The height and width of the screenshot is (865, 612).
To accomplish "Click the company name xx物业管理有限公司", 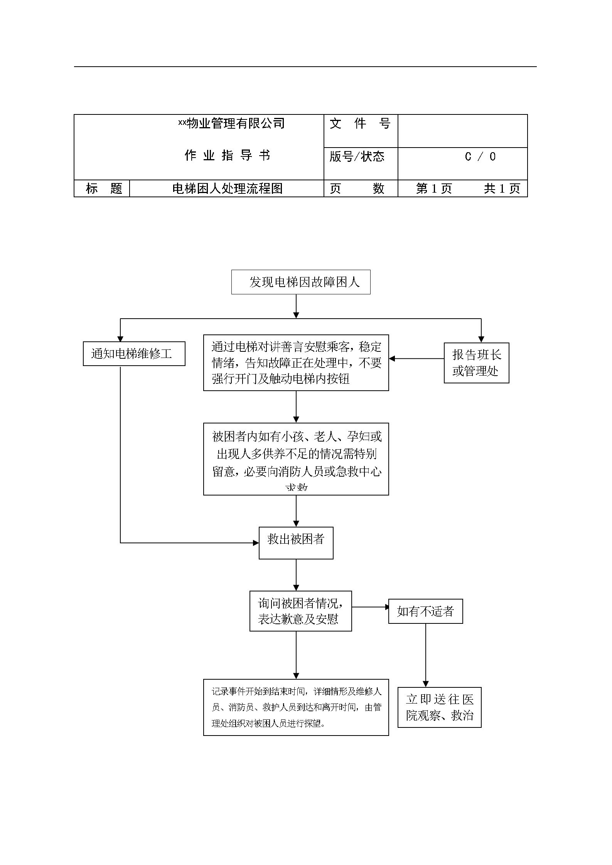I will click(x=231, y=124).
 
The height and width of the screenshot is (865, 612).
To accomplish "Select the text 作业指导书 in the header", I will click(x=227, y=156).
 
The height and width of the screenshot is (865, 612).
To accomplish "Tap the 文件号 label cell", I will click(x=360, y=124).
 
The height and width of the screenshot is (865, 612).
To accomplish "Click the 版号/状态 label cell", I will click(x=357, y=156).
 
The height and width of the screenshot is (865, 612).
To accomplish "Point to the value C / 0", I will click(x=480, y=157).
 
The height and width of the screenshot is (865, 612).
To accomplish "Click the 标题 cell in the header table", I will click(x=104, y=189).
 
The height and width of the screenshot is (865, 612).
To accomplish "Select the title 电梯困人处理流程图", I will click(x=227, y=189).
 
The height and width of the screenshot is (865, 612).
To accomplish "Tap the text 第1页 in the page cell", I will click(x=434, y=189).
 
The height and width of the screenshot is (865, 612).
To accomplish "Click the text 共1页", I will click(x=502, y=189).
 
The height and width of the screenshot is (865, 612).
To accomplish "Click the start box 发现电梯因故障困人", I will click(x=301, y=282).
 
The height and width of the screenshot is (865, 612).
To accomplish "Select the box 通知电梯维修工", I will click(x=134, y=354).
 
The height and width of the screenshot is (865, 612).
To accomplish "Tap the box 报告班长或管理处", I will click(x=476, y=363).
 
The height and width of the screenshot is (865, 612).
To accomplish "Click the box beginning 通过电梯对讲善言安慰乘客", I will click(x=296, y=363).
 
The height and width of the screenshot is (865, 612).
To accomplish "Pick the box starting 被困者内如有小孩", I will click(x=296, y=459).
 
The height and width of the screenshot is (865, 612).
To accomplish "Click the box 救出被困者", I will click(x=296, y=543).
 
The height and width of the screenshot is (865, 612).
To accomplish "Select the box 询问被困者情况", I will click(x=300, y=611).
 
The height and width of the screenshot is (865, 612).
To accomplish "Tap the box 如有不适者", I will click(x=425, y=611).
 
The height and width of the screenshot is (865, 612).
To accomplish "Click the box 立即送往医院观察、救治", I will click(x=439, y=707).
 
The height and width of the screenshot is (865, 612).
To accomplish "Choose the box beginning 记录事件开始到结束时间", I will click(x=296, y=707).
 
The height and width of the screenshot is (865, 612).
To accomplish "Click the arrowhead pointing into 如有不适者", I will click(x=387, y=607).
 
